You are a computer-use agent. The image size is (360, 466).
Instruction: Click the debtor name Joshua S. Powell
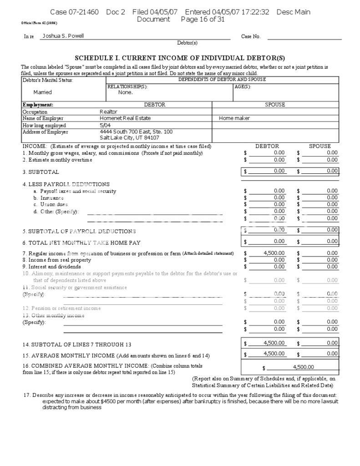[63, 36]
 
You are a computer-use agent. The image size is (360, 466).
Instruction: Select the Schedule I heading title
[180, 58]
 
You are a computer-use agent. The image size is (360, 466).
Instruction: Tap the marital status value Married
[43, 92]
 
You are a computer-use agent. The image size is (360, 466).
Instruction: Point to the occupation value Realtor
[108, 111]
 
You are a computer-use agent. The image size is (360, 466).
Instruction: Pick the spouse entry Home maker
[234, 118]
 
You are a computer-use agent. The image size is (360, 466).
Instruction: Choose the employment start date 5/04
[105, 125]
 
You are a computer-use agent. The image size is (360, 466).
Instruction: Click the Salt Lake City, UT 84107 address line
[129, 137]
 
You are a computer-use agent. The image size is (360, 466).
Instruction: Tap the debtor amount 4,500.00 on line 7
[274, 253]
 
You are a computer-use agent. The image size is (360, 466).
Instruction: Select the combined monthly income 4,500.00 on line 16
[304, 367]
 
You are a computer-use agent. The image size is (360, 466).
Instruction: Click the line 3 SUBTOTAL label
[41, 172]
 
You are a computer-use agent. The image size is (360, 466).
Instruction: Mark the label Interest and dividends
[51, 267]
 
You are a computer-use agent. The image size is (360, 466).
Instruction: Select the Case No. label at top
[251, 36]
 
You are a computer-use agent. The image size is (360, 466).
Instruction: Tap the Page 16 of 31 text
[203, 20]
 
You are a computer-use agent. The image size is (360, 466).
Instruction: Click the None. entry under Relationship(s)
[125, 92]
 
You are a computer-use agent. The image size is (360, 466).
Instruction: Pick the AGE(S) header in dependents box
[243, 86]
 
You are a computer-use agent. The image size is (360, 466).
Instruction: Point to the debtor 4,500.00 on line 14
[274, 343]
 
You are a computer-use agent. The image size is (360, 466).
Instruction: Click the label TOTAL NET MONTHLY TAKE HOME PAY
[82, 243]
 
